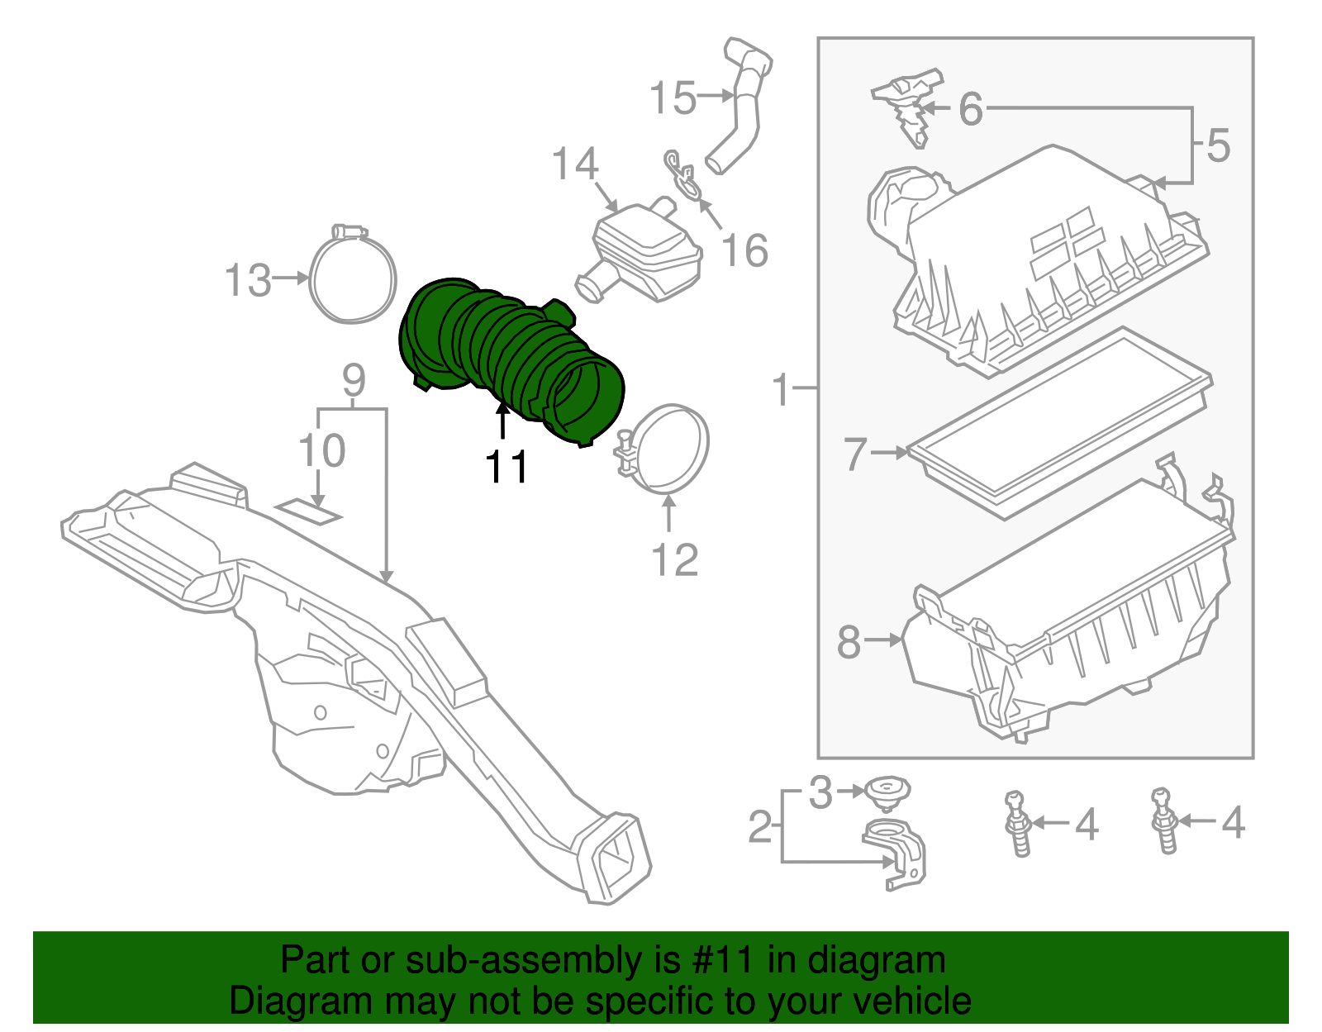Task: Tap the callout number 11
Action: coord(506,468)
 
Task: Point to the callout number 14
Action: coord(574,164)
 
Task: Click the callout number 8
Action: coord(849,642)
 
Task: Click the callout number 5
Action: coord(1218,145)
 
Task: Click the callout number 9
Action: coord(354,381)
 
